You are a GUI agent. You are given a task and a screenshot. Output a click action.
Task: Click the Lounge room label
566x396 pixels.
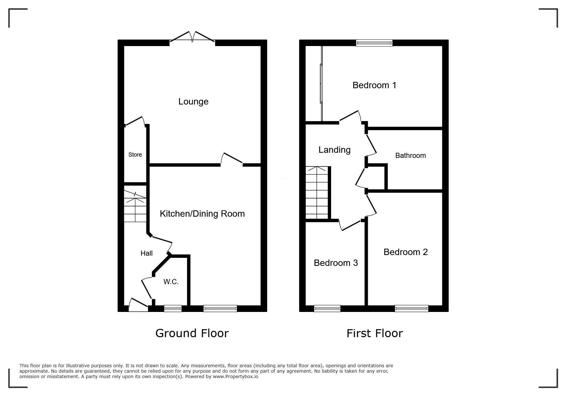pyautogui.click(x=193, y=102)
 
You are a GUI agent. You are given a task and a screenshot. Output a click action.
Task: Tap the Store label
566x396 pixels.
pyautogui.click(x=135, y=155)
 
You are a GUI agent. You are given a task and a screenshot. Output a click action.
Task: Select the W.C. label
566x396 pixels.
pyautogui.click(x=171, y=282)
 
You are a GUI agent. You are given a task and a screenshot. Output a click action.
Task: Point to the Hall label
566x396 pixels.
pyautogui.click(x=147, y=253)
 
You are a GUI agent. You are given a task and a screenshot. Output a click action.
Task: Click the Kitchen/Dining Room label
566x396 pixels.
pyautogui.click(x=202, y=214)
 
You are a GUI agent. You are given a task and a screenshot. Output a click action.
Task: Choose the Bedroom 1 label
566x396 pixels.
pyautogui.click(x=375, y=85)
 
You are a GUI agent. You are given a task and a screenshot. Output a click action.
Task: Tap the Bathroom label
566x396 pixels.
pyautogui.click(x=411, y=156)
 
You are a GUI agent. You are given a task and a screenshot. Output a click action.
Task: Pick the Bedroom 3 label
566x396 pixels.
pyautogui.click(x=336, y=263)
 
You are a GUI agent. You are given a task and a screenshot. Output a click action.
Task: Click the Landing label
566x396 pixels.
pyautogui.click(x=335, y=150)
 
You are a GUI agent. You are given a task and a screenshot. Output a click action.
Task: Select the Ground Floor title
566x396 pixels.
pyautogui.click(x=192, y=333)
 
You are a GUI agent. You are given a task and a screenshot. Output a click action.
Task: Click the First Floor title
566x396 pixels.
pyautogui.click(x=375, y=333)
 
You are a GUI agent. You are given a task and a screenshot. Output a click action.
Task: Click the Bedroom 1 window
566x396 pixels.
pyautogui.click(x=374, y=43)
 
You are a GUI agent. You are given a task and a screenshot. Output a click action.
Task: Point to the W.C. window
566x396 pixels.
pyautogui.click(x=173, y=308)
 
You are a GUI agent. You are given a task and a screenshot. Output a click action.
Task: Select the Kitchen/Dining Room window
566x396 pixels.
pyautogui.click(x=220, y=308)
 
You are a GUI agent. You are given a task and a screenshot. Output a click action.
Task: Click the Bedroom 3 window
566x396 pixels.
pyautogui.click(x=327, y=308)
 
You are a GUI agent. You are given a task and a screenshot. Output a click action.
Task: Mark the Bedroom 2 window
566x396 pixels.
pyautogui.click(x=412, y=308)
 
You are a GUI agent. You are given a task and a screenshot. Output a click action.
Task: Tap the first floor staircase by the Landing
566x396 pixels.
pyautogui.click(x=317, y=193)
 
